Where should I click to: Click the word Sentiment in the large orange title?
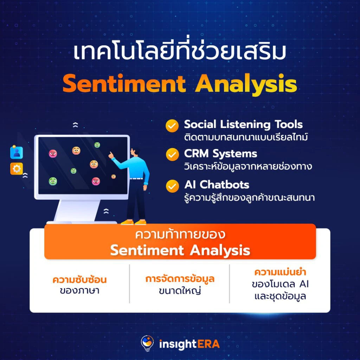[x=124, y=84]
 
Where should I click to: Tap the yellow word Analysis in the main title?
[x=246, y=84]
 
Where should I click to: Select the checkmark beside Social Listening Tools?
[x=172, y=126]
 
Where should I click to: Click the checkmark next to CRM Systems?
[x=172, y=155]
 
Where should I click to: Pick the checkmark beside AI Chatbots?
[x=172, y=186]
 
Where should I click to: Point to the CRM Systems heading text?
[x=220, y=154]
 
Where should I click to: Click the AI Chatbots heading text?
[x=217, y=185]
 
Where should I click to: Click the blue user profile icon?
[x=17, y=153]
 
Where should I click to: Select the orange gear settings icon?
[x=17, y=169]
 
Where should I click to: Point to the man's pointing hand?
[x=111, y=155]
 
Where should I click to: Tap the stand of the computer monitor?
[x=78, y=211]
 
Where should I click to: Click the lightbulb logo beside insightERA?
[x=147, y=343]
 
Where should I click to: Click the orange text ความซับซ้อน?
[x=80, y=280]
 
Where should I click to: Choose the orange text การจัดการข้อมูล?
[x=180, y=279]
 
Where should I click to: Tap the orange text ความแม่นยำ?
[x=280, y=272]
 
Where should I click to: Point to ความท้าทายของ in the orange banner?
[x=180, y=234]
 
